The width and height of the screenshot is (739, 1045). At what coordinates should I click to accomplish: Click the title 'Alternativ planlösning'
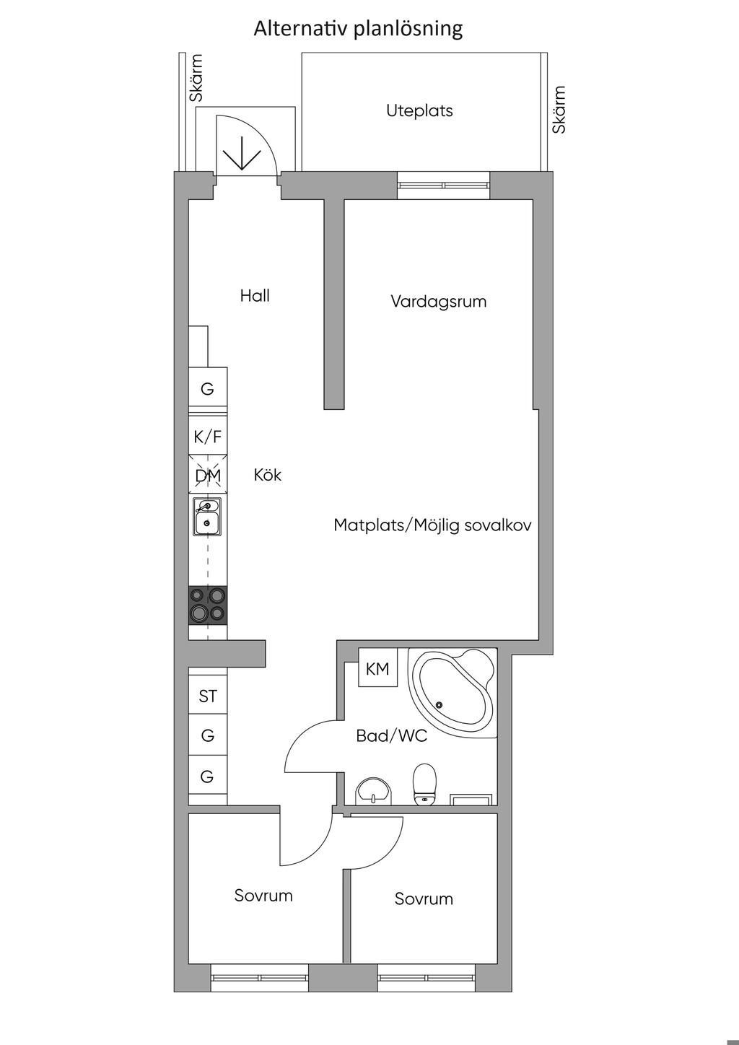358,29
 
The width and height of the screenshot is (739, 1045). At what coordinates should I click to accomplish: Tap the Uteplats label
419,111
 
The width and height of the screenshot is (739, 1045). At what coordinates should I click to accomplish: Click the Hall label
255,295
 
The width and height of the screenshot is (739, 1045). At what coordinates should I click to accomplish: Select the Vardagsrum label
439,302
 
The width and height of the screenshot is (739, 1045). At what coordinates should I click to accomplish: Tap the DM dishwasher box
208,474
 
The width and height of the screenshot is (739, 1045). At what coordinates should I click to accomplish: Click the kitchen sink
208,516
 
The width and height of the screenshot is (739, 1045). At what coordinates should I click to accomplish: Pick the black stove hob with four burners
208,605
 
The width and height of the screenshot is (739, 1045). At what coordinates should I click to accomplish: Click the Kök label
268,475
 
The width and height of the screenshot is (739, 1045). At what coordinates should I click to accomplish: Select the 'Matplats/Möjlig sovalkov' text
432,525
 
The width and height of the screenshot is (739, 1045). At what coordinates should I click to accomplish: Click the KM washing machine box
377,668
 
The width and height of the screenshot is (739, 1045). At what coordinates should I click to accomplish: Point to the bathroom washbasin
374,791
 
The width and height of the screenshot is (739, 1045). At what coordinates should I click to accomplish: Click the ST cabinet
208,696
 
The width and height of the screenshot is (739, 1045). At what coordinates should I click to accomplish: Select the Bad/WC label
391,735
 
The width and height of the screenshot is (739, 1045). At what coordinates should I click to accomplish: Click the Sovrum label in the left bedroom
263,895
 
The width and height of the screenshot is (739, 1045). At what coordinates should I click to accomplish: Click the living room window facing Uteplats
444,185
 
